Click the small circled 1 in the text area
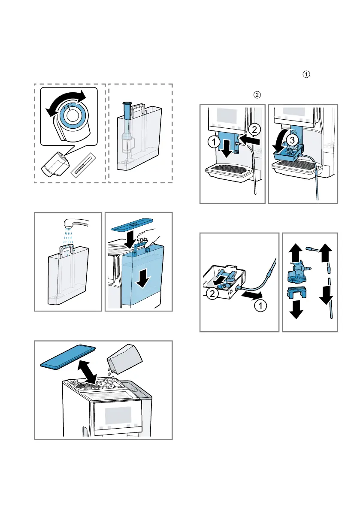point(306,74)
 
